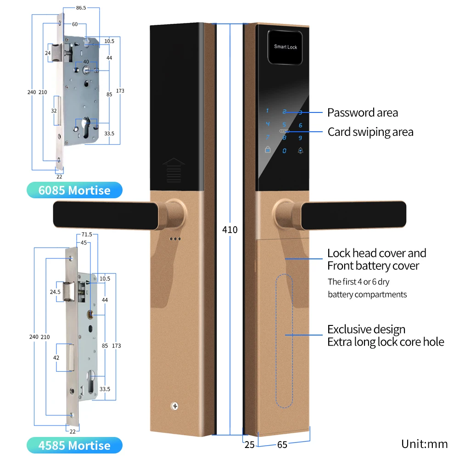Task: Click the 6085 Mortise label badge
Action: tap(74, 190)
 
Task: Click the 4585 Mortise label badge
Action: tap(74, 445)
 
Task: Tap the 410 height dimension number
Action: tap(229, 229)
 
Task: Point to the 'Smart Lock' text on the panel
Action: tap(285, 47)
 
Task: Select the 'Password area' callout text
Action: tap(363, 112)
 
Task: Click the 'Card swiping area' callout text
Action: tap(370, 132)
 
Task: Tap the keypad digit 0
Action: tap(285, 151)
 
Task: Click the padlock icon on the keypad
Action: tap(267, 150)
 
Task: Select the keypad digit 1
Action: tap(268, 111)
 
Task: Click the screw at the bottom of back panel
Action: tap(175, 406)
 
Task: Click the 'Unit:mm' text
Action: tap(424, 444)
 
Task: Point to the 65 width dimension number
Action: tap(283, 445)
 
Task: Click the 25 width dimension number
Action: tap(249, 445)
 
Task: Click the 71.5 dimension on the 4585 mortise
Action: tap(86, 235)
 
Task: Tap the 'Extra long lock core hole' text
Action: tap(386, 342)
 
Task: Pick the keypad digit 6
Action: tap(300, 125)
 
